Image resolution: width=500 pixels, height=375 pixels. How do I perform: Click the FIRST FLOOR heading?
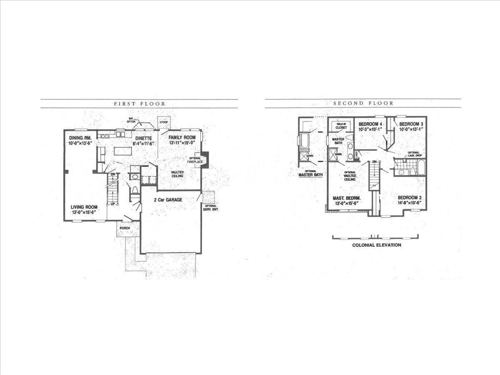coord(140,104)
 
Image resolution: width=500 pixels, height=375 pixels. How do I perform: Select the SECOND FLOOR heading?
coord(363,103)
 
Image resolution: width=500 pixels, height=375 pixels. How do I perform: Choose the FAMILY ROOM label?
coord(182,137)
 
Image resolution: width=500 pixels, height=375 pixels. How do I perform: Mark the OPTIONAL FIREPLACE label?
coord(195,159)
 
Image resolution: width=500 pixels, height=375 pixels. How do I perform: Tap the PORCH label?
coord(124,228)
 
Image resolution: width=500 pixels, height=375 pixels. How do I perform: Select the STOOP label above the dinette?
coord(164,122)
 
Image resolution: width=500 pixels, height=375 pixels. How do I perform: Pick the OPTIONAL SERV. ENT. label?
coord(211,207)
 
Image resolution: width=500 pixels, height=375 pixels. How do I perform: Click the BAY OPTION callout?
coord(132,120)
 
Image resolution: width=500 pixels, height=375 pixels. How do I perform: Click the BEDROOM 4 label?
coord(371,124)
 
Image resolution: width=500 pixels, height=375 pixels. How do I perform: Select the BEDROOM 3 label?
coord(411,124)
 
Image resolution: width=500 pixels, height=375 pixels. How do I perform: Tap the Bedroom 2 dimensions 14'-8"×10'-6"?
coord(409,203)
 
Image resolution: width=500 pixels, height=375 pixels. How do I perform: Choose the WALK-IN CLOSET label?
coord(341,126)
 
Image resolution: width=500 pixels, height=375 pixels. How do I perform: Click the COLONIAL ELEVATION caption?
coord(377,245)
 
